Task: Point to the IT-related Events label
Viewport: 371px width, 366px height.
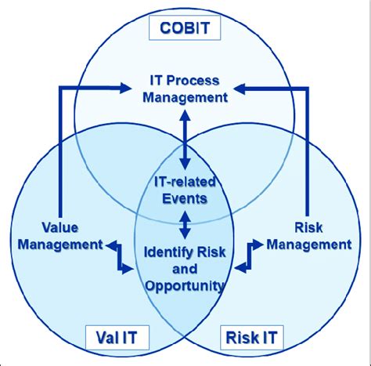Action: click(185, 190)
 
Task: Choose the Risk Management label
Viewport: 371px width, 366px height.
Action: click(308, 237)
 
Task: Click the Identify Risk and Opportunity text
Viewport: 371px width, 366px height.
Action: click(185, 269)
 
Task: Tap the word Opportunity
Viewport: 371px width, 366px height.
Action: click(185, 285)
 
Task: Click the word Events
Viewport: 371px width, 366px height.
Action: click(185, 198)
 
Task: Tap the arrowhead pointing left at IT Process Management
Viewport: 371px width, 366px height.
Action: click(243, 88)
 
